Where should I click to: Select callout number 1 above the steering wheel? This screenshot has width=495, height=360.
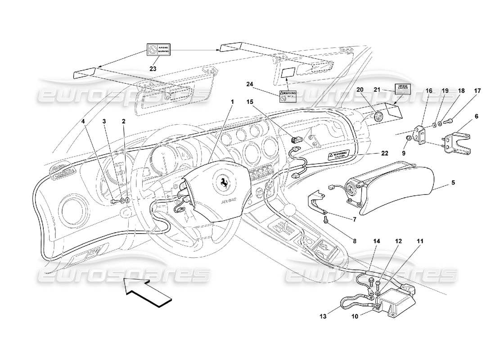tap(233, 102)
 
